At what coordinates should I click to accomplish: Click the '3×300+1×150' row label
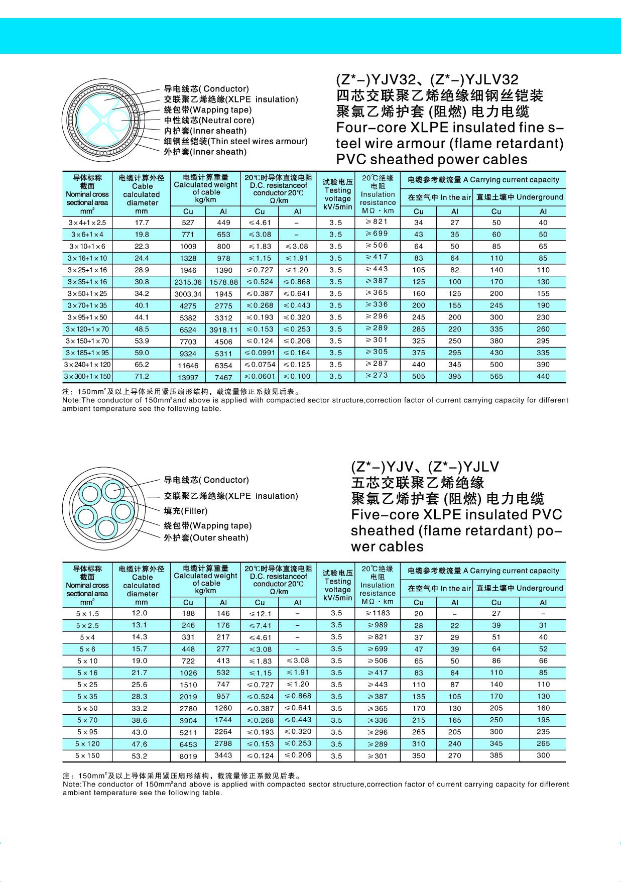[x=87, y=377]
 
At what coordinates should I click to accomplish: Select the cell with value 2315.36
[x=188, y=282]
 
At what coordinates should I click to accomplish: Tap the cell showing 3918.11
[x=223, y=330]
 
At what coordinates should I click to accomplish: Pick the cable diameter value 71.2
[x=142, y=377]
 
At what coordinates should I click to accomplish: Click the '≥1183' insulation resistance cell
[x=378, y=613]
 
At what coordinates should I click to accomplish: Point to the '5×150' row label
[x=87, y=756]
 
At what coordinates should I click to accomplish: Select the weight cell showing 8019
[x=188, y=756]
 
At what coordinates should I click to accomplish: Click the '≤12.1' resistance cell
[x=260, y=614]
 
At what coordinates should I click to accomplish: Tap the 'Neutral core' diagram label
[x=209, y=121]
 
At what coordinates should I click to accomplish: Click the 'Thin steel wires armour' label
[x=236, y=142]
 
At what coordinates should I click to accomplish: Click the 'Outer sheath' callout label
[x=206, y=538]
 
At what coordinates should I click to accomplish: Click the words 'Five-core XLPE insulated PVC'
[x=456, y=515]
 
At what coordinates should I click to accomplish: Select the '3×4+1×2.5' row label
[x=87, y=223]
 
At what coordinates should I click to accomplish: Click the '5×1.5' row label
[x=87, y=614]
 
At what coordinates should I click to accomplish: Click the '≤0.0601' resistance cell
[x=260, y=377]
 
